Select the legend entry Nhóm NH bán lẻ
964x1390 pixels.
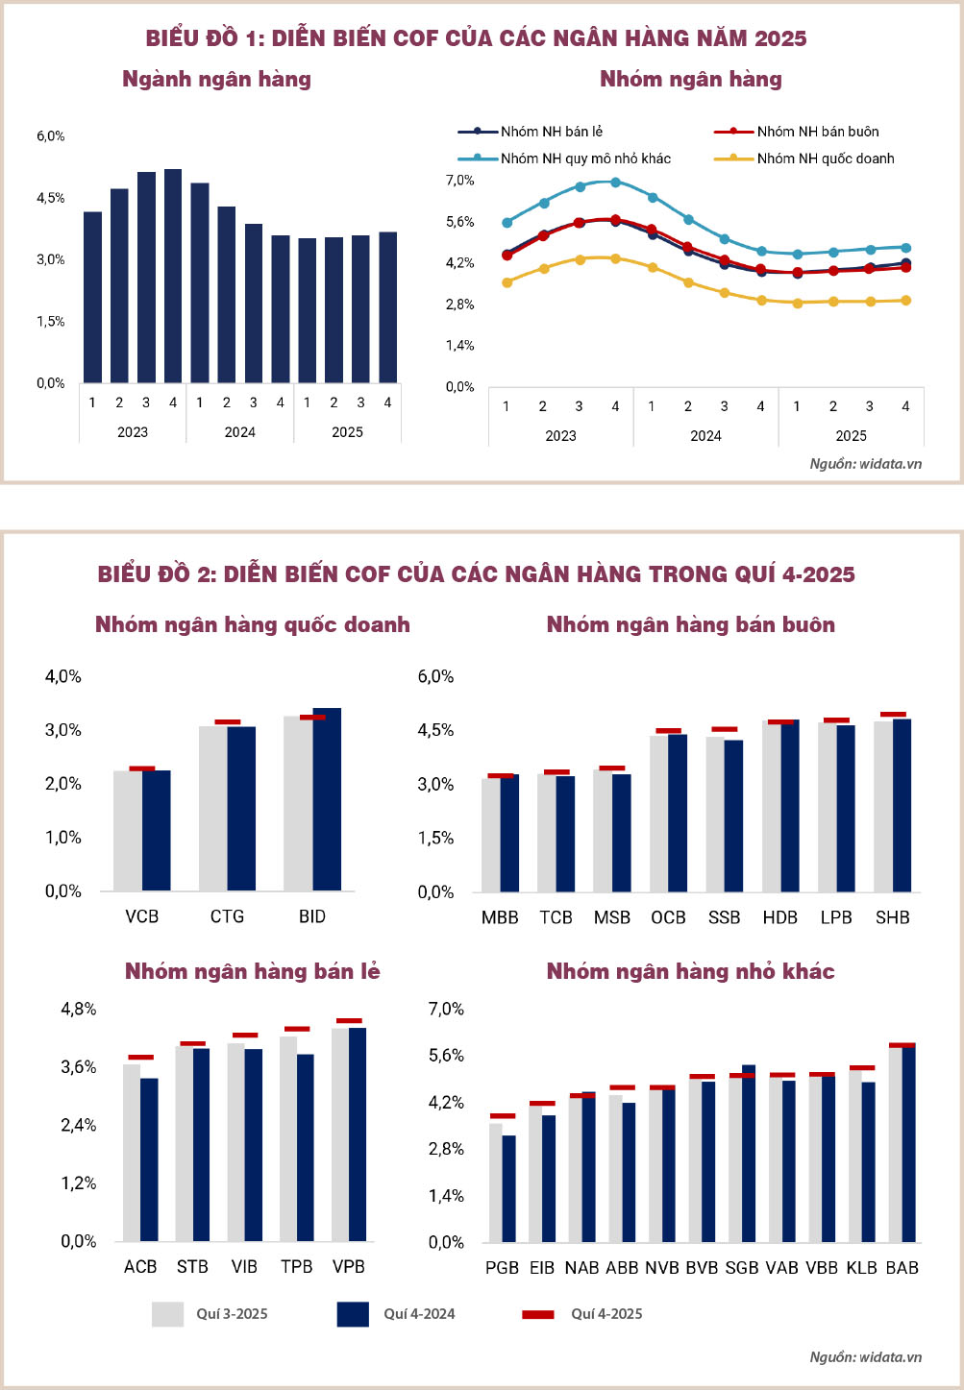(551, 132)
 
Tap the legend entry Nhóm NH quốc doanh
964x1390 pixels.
(825, 159)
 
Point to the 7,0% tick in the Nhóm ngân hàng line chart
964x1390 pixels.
(459, 181)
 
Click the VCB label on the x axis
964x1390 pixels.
(141, 916)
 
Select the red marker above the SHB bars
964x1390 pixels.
(893, 715)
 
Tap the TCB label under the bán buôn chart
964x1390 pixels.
(556, 917)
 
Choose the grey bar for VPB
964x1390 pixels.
(339, 1134)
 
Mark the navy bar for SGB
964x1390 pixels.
(749, 1153)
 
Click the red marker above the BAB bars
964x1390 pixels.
(902, 1045)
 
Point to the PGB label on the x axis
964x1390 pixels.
(502, 1268)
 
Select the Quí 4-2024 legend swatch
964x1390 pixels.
(353, 1314)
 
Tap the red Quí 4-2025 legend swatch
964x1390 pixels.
(537, 1314)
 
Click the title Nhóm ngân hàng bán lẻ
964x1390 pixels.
(252, 971)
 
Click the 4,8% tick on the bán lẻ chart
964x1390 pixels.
(79, 1009)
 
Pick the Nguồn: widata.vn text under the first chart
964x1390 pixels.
(865, 464)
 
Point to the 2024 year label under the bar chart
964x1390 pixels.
(239, 432)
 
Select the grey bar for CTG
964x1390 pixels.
(212, 808)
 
